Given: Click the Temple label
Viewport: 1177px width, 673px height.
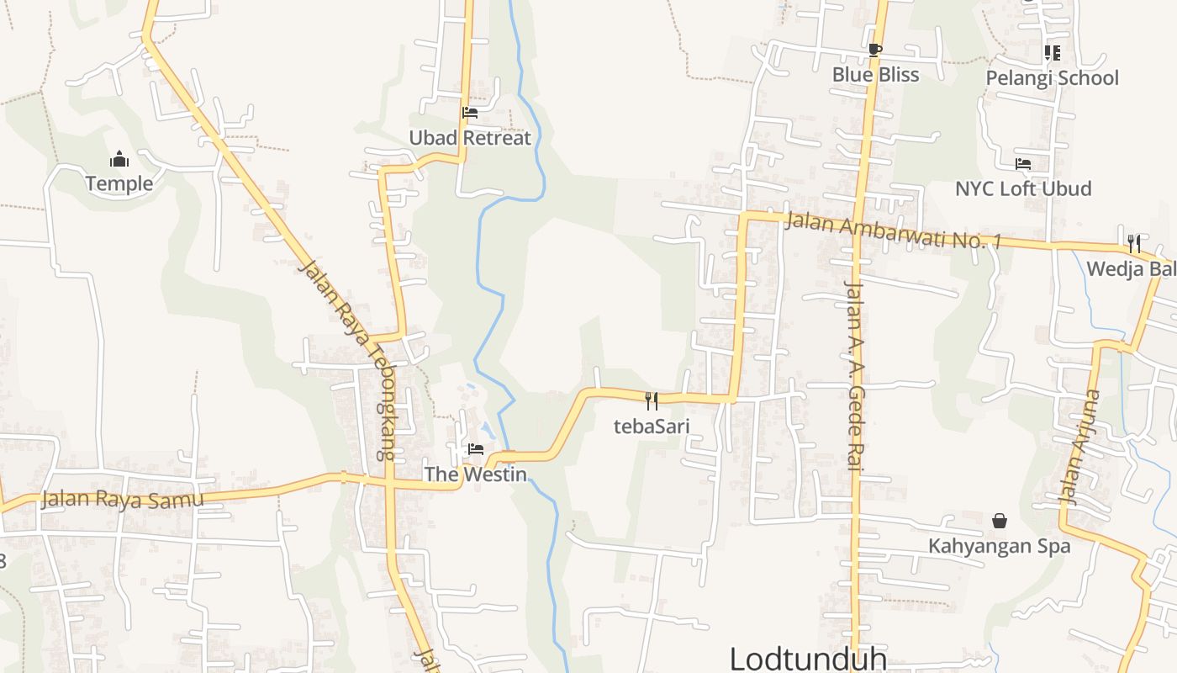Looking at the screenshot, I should click(x=119, y=183).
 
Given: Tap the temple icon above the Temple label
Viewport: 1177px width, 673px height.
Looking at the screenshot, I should click(x=119, y=159).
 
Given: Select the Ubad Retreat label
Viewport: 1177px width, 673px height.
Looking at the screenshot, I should click(x=470, y=138).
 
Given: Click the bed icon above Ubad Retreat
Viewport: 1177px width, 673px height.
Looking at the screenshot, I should click(x=470, y=113).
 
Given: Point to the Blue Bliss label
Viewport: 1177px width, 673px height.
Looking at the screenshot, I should click(x=875, y=75).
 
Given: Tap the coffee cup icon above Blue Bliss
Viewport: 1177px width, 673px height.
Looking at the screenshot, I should click(x=875, y=50).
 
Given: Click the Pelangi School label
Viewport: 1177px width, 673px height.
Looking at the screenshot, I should click(x=1052, y=78).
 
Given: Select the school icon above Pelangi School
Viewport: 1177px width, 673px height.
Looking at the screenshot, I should click(x=1052, y=53).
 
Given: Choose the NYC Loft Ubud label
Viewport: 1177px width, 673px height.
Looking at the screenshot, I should click(x=1023, y=188).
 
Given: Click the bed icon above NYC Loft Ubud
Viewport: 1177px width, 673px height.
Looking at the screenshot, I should click(x=1023, y=164).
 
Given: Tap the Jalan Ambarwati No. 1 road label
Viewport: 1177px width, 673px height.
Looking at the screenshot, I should click(x=894, y=230).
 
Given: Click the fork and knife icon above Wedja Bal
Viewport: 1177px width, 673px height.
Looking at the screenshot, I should click(x=1134, y=244).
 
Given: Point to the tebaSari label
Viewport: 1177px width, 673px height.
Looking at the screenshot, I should click(x=652, y=426).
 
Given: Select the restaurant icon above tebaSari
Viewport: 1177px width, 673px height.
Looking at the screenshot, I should click(x=652, y=400).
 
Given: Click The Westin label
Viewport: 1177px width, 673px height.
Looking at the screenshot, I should click(x=476, y=474).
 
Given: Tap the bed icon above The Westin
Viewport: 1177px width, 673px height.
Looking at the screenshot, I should click(x=476, y=449).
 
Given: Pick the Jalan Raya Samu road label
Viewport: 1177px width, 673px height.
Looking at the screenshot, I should click(x=122, y=500).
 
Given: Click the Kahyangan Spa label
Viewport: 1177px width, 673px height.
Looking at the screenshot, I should click(x=1000, y=546).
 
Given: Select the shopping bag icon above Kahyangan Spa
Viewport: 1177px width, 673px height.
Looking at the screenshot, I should click(x=1000, y=521).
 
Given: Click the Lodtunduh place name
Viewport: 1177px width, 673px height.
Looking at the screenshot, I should click(x=808, y=658).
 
